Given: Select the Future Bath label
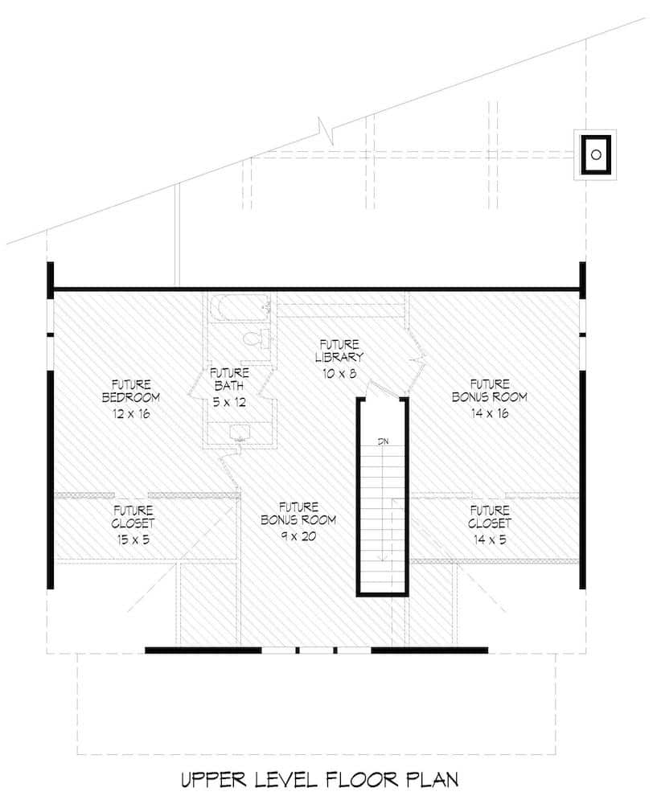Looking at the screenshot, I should (229, 379).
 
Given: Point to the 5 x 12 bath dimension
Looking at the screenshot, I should (229, 402).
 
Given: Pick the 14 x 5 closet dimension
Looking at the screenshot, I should (489, 539).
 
